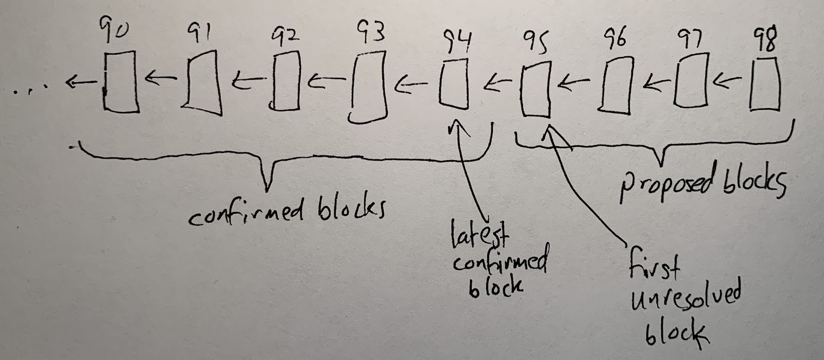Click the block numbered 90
121,82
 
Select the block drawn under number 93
368,87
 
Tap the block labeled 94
454,84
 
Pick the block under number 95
536,90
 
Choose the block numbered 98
764,84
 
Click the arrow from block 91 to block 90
161,78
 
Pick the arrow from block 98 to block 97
727,81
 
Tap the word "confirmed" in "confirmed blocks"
246,213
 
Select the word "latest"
479,235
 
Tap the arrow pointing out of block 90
82,82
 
